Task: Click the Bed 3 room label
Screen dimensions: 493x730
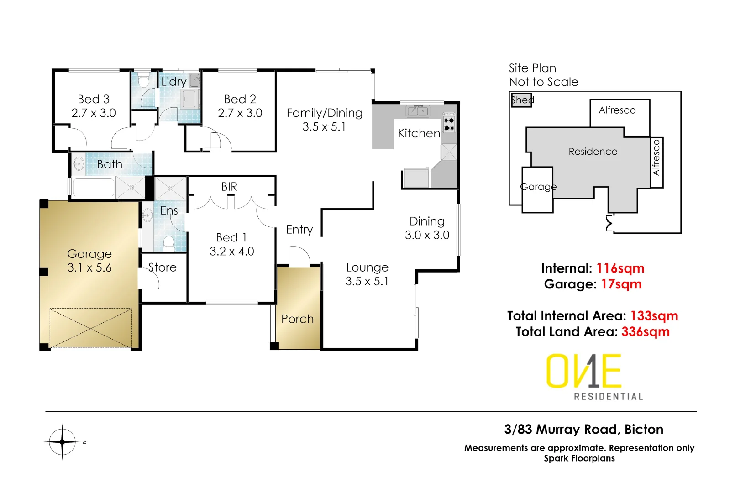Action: point(94,99)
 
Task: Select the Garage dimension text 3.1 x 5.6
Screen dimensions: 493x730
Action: point(89,268)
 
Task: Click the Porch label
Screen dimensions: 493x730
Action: point(297,319)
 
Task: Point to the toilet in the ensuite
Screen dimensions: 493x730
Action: point(169,242)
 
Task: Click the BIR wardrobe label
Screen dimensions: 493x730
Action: point(229,187)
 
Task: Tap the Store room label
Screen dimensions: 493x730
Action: point(163,267)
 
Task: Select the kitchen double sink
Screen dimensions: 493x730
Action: point(418,111)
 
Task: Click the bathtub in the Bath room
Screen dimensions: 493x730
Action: point(93,188)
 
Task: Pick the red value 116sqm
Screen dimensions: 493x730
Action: point(620,268)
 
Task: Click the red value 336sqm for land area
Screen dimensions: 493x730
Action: point(645,332)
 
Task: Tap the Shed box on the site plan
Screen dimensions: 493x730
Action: point(521,100)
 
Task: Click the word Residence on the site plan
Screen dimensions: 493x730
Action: point(593,152)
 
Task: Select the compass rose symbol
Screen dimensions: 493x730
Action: point(63,441)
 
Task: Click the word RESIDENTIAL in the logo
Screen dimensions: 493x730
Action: point(608,397)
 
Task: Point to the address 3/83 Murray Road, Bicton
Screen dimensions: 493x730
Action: point(583,430)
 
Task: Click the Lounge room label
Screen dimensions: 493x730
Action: point(367,267)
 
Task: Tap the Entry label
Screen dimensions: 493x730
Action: point(299,230)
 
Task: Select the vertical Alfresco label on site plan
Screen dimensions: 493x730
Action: point(656,158)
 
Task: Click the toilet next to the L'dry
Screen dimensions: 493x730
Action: point(144,81)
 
